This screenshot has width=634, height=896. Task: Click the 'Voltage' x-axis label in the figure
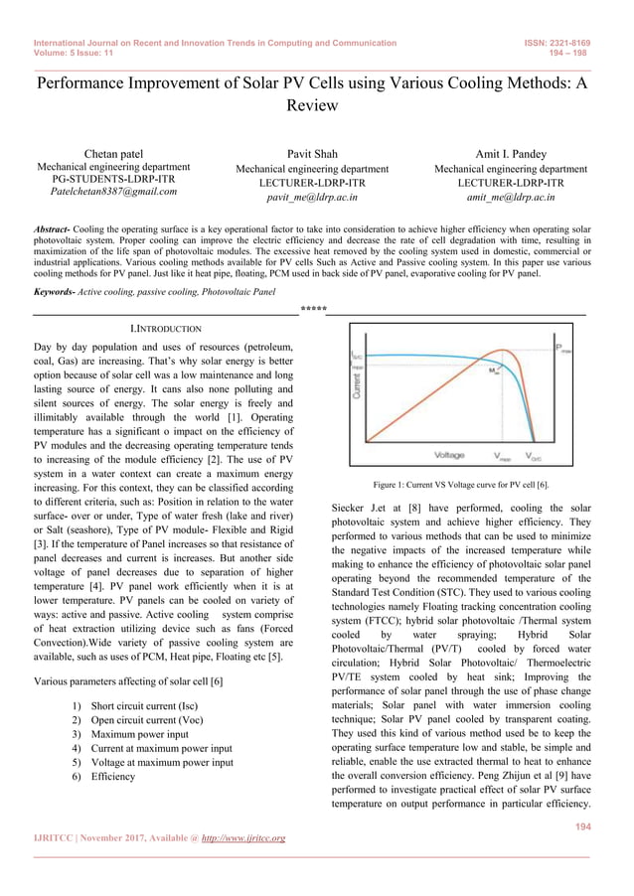click(449, 454)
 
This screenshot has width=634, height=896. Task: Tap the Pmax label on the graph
click(563, 349)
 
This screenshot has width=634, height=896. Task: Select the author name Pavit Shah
click(311, 154)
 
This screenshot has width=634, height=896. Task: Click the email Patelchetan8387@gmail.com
click(113, 191)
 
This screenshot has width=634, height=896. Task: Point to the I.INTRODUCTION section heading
click(166, 328)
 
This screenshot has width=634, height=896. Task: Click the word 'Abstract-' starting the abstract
click(52, 229)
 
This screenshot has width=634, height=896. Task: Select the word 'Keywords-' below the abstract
click(55, 292)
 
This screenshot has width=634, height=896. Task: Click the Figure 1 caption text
click(460, 484)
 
